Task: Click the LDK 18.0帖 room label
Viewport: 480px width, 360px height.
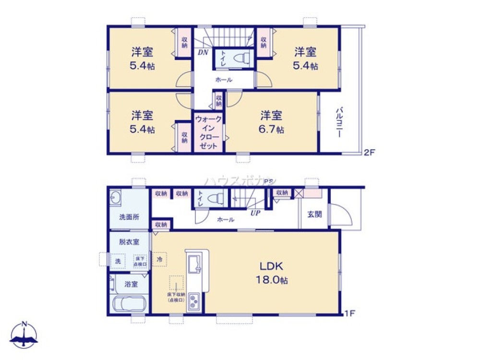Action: (274, 273)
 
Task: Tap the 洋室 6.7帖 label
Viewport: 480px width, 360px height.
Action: (272, 122)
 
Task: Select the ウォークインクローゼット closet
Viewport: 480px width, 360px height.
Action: (209, 132)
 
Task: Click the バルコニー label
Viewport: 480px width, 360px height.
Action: (338, 123)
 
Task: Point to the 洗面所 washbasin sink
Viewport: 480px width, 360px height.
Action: (115, 198)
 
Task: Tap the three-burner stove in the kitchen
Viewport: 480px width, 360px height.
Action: (194, 302)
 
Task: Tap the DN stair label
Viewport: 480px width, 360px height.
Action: (203, 53)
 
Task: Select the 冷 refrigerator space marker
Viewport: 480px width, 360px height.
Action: (159, 258)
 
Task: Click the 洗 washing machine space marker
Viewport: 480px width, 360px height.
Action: (118, 261)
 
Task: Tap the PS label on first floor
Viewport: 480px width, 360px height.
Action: (268, 181)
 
